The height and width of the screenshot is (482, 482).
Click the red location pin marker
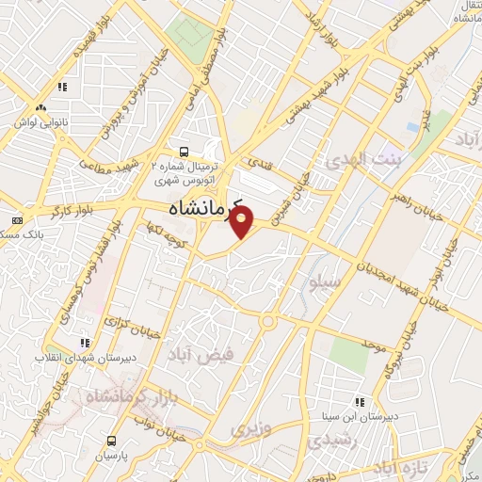(243, 222)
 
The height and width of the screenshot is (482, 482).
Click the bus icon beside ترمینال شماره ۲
(184, 151)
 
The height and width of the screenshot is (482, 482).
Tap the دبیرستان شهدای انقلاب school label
(74, 358)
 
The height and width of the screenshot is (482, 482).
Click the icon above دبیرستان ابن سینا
(358, 401)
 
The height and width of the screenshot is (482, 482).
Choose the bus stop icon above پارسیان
(112, 440)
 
